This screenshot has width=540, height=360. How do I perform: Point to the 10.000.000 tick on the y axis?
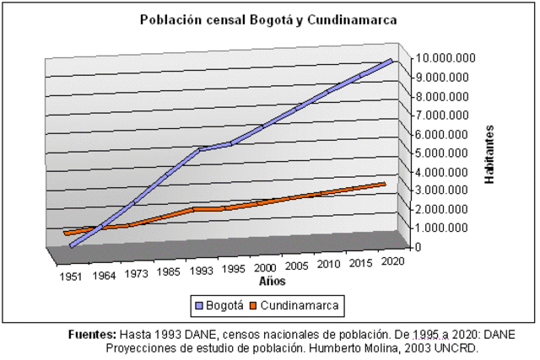pos(445,58)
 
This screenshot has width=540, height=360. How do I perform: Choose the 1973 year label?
pos(135,275)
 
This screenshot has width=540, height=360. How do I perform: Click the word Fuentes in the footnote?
pos(92,334)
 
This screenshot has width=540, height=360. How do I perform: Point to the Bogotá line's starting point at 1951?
pos(73,246)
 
